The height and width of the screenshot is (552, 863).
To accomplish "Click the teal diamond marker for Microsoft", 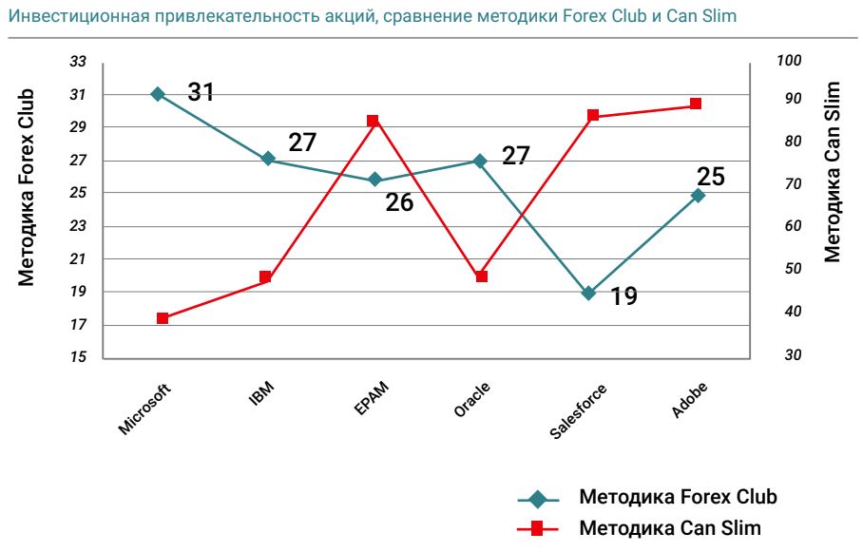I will tap(158, 94).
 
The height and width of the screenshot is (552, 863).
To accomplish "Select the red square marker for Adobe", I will tap(696, 104).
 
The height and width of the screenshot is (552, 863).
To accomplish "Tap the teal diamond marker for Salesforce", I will tap(588, 293).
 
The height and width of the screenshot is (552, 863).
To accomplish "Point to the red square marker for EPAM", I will tap(373, 121).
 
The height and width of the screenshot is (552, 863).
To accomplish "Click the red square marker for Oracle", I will tap(481, 276).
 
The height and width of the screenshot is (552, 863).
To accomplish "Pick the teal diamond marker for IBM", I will tap(268, 159).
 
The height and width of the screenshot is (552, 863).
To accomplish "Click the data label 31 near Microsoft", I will tap(201, 92).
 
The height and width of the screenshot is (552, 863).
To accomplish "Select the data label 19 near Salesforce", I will tap(623, 296).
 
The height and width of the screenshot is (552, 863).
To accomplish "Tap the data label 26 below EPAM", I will tap(399, 202).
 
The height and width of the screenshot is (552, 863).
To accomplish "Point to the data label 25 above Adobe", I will tap(711, 177).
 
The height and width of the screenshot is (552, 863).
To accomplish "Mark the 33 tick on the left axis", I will tap(79, 62).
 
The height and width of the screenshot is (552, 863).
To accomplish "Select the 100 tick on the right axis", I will tap(789, 61).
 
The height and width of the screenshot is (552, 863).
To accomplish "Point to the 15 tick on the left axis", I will tap(79, 357).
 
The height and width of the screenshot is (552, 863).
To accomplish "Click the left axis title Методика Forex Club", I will tap(27, 187).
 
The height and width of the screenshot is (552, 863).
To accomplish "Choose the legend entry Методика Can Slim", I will tap(670, 527).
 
